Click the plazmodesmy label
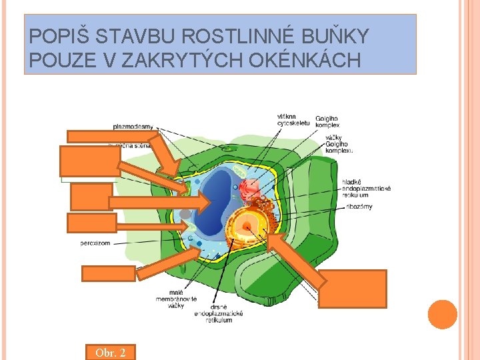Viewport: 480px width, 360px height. pyautogui.click(x=133, y=125)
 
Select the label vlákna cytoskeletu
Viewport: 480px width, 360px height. pyautogui.click(x=293, y=121)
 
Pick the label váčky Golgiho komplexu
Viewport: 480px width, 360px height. pyautogui.click(x=339, y=144)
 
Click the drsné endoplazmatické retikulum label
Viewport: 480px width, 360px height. pyautogui.click(x=218, y=313)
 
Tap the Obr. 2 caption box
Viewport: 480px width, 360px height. pyautogui.click(x=110, y=352)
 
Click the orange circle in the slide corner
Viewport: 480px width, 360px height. pyautogui.click(x=442, y=315)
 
